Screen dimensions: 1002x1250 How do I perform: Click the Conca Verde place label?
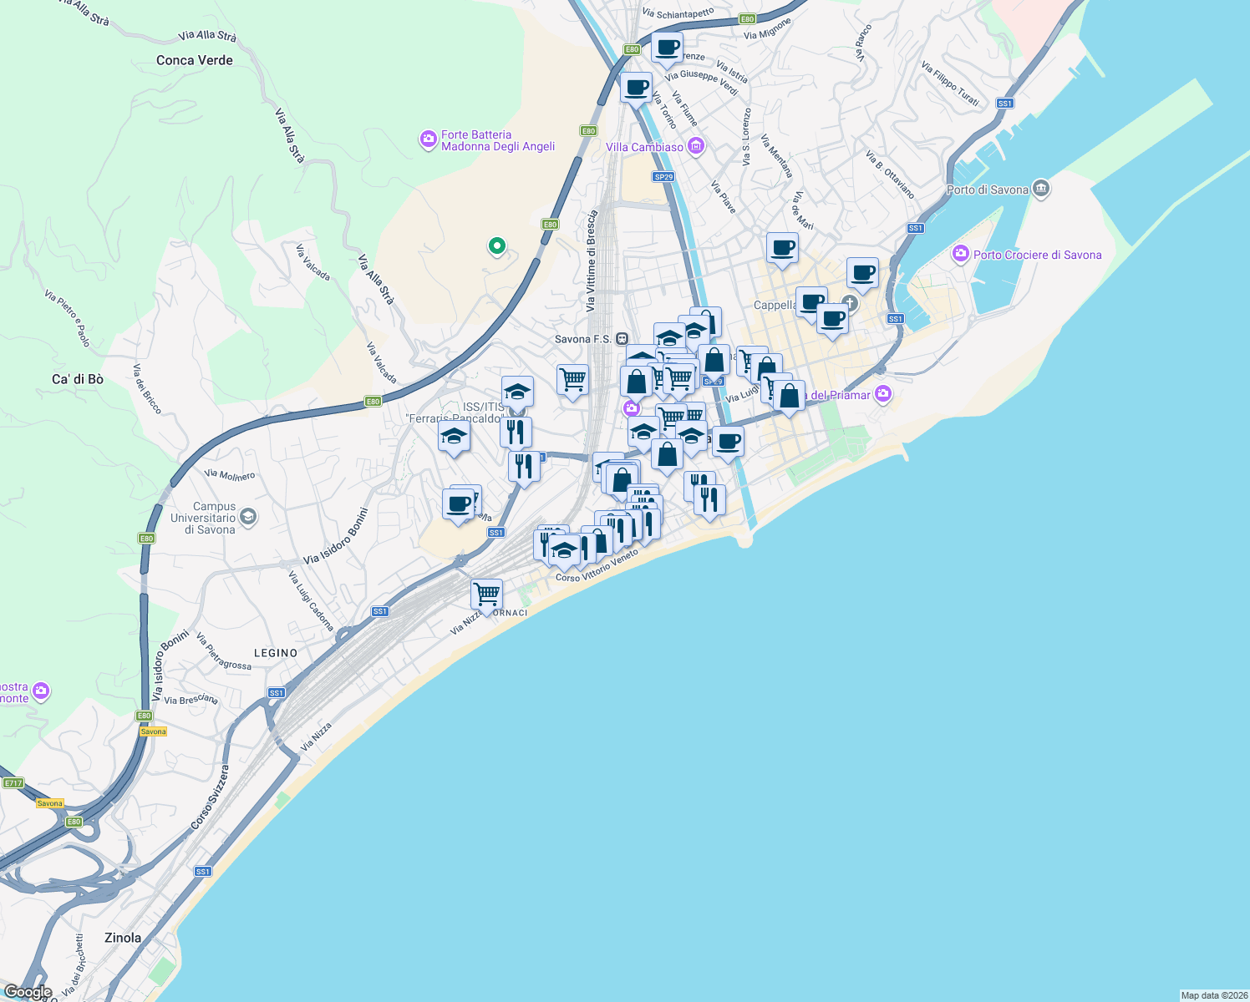(x=194, y=60)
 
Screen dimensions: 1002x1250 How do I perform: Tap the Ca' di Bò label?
(x=78, y=379)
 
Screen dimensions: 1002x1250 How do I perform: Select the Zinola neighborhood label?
(x=123, y=938)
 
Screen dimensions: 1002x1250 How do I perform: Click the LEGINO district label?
(x=276, y=653)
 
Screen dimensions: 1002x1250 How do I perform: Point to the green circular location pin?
(x=497, y=245)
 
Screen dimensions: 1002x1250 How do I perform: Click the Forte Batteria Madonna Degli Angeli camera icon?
(x=429, y=139)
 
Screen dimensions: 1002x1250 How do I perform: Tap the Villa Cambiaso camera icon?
(x=696, y=147)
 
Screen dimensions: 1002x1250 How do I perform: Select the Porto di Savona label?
(x=987, y=190)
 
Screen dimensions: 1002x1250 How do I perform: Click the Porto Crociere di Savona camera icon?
(x=961, y=254)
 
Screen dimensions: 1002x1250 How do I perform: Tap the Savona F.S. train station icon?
(x=622, y=339)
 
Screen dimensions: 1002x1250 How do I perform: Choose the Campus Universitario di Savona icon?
(x=248, y=518)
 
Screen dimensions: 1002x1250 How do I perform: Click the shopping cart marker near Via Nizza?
(x=486, y=595)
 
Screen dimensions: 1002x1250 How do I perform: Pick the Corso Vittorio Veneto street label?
(x=597, y=565)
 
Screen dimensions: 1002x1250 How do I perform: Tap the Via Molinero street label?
(x=230, y=475)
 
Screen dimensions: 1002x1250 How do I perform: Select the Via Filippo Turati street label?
(x=950, y=83)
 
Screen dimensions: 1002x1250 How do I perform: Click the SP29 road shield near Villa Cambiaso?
(x=663, y=177)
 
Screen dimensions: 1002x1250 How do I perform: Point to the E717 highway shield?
(x=13, y=783)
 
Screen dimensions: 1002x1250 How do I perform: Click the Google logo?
(x=28, y=992)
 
